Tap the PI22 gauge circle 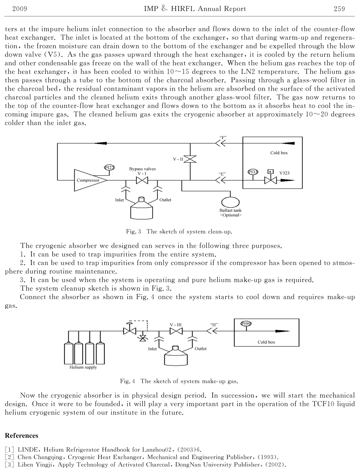[x=109, y=168]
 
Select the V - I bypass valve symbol [x=142, y=180]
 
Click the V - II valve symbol [x=190, y=159]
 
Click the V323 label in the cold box [x=285, y=173]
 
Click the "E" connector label [x=222, y=174]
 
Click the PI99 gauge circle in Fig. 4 [x=246, y=323]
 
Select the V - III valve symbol [x=176, y=331]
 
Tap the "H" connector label [x=214, y=325]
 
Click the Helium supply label [x=83, y=367]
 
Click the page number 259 [x=339, y=9]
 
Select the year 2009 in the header [x=20, y=9]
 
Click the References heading [x=22, y=435]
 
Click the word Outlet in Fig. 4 [x=200, y=348]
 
